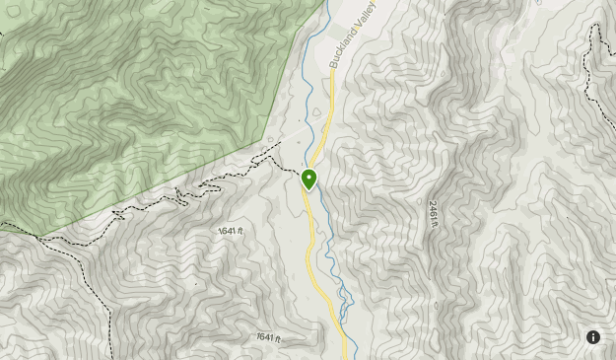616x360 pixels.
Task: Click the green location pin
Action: [x=308, y=180]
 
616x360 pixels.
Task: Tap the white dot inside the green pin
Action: [x=308, y=178]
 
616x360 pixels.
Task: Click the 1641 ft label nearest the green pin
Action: [x=229, y=231]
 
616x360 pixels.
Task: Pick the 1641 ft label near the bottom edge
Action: [x=268, y=337]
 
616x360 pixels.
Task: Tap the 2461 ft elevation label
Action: [x=432, y=214]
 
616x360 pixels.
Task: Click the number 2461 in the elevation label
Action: [x=432, y=210]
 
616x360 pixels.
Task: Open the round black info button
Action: [x=593, y=337]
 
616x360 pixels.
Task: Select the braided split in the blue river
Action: [x=343, y=301]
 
